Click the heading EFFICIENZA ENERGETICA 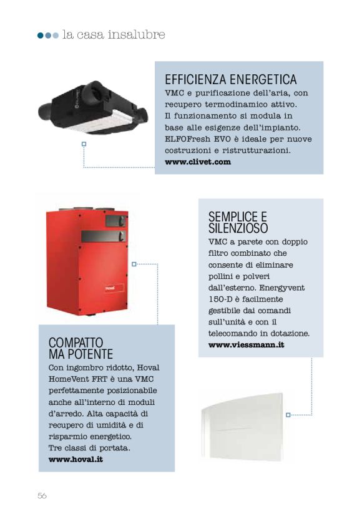click(x=230, y=80)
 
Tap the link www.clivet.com click(x=198, y=162)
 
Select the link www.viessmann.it click(x=246, y=344)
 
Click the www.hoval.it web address click(x=76, y=459)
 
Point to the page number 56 click(x=42, y=495)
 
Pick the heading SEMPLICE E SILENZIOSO click(x=238, y=222)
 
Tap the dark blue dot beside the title click(x=41, y=36)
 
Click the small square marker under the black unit click(x=84, y=145)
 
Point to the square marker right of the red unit click(x=134, y=264)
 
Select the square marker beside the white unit click(x=288, y=415)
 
